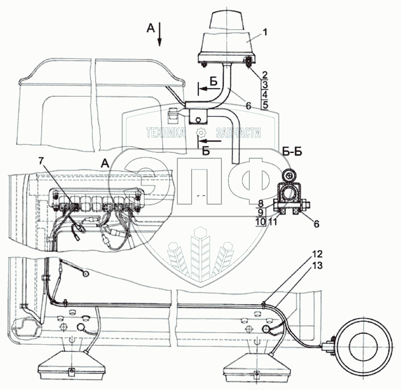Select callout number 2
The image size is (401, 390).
[x=265, y=74]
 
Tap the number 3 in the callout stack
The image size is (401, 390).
[x=265, y=85]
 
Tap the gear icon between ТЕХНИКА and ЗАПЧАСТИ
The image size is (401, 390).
[x=200, y=133]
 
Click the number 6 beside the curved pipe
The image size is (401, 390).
[x=248, y=105]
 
